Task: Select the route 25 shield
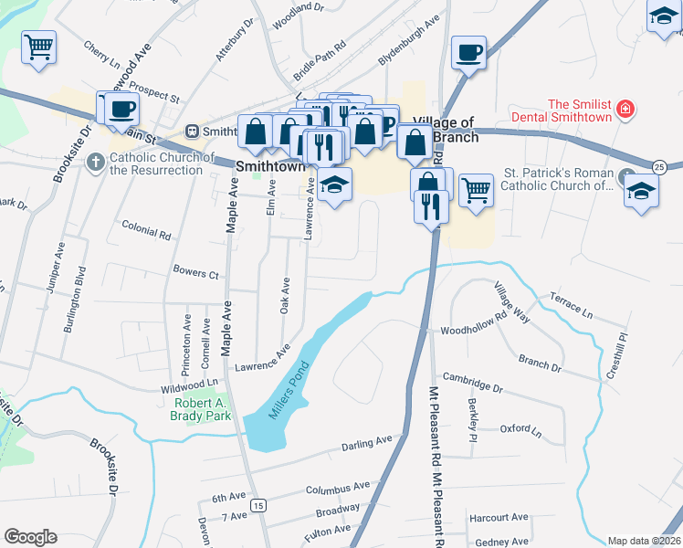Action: tap(659, 165)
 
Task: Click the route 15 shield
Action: tap(261, 505)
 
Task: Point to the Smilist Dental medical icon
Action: tap(625, 110)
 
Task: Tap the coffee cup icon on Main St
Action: tap(121, 108)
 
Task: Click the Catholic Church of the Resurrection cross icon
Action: tap(96, 162)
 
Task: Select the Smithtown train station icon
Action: tap(192, 131)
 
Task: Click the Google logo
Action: tap(30, 537)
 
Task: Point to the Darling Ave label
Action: tap(366, 443)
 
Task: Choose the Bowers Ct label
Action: tap(195, 273)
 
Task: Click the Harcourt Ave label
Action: tap(499, 518)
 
